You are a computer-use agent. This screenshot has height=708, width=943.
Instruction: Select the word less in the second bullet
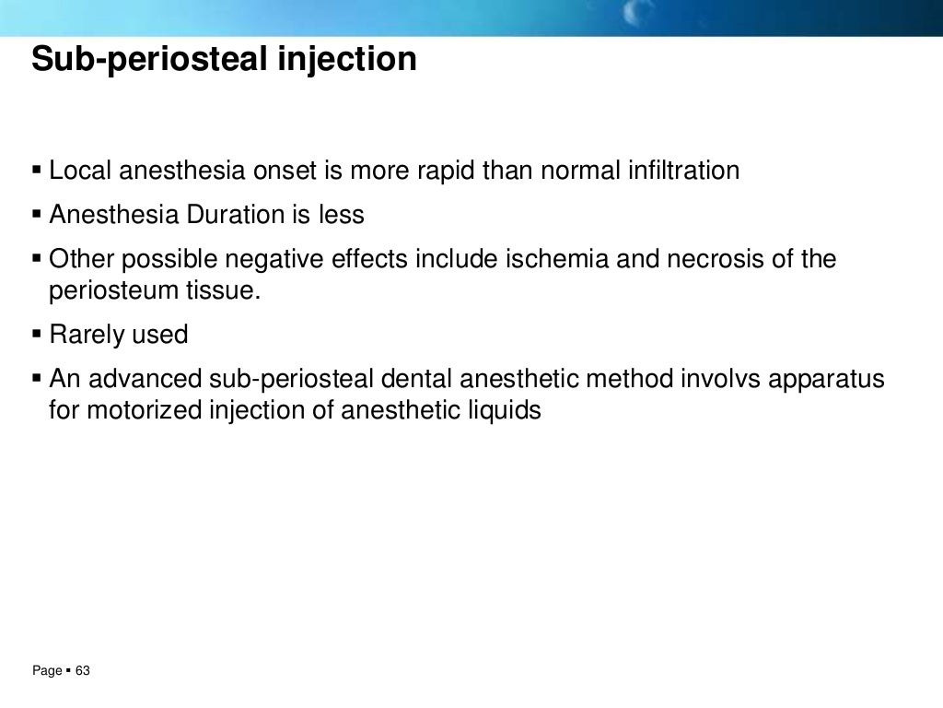tap(342, 216)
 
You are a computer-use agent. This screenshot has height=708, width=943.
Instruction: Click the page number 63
tap(83, 671)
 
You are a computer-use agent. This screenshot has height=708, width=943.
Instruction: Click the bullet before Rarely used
tap(37, 334)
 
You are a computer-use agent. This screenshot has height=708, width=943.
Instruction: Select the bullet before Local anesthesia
tap(37, 171)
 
